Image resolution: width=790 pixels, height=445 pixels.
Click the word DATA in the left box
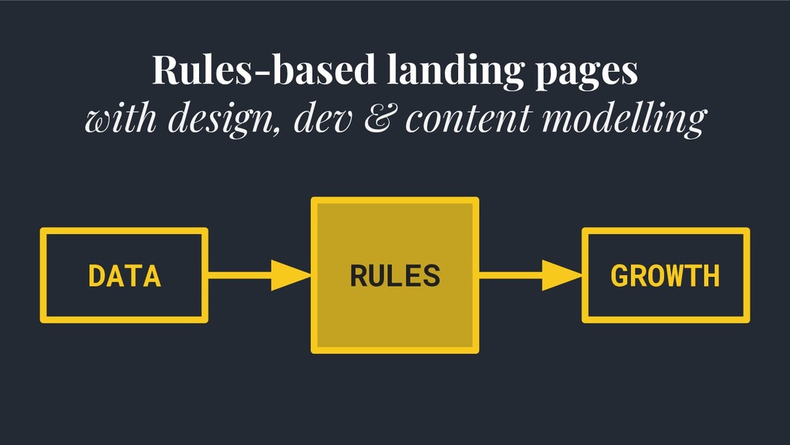(124, 276)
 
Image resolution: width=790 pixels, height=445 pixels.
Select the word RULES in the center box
(395, 276)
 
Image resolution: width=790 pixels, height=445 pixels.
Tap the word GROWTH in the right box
(665, 276)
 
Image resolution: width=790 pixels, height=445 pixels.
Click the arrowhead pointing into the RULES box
(291, 276)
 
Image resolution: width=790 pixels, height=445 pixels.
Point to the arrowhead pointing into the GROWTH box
(562, 276)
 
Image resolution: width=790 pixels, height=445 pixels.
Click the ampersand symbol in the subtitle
(378, 117)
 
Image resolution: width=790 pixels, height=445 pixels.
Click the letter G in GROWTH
(620, 276)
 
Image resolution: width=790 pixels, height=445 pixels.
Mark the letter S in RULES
(430, 276)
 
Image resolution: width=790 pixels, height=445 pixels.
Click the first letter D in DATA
(96, 276)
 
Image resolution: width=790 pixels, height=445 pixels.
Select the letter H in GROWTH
(711, 276)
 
